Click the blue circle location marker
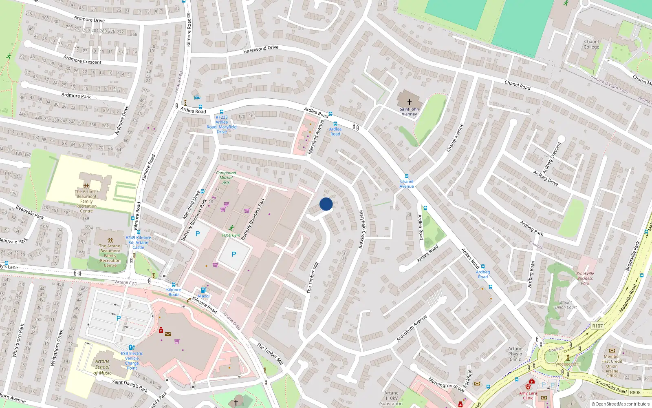click(326, 204)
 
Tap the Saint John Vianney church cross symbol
click(410, 102)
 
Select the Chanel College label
click(591, 44)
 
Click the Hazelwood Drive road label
click(261, 50)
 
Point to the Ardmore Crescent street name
click(82, 60)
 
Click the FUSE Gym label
click(231, 235)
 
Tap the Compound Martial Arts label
click(226, 177)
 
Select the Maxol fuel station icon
click(203, 290)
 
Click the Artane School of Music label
click(102, 367)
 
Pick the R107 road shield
click(597, 326)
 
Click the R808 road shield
click(635, 392)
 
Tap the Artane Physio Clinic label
click(515, 354)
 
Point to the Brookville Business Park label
click(585, 278)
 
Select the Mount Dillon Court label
click(566, 305)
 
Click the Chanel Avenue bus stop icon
click(406, 176)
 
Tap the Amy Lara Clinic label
click(528, 395)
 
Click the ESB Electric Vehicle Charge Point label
click(132, 361)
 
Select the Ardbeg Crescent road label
click(552, 157)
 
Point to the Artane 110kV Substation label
click(391, 398)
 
